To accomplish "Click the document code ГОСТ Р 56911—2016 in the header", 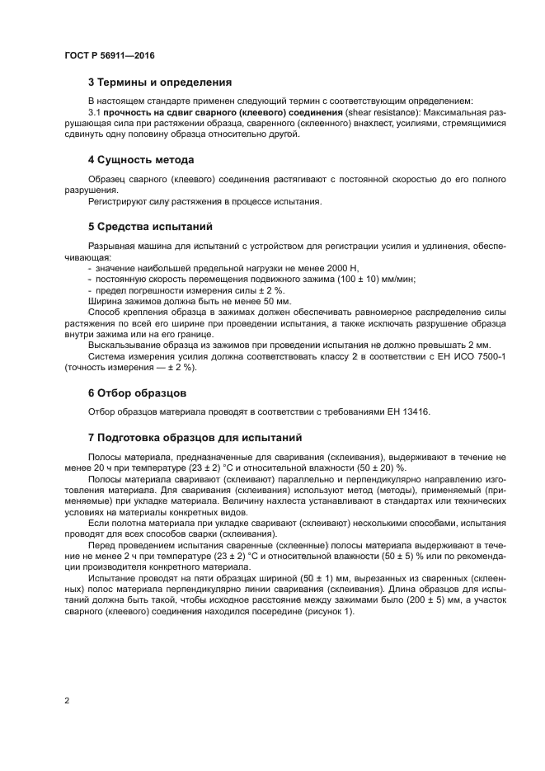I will click(109, 55).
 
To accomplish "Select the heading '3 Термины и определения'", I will click(159, 82).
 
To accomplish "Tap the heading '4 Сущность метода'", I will click(141, 159).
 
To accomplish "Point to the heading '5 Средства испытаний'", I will click(150, 225).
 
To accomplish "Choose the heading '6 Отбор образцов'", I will click(137, 393).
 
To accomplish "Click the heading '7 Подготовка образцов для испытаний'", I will click(195, 436).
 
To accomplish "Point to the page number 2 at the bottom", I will click(66, 700).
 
